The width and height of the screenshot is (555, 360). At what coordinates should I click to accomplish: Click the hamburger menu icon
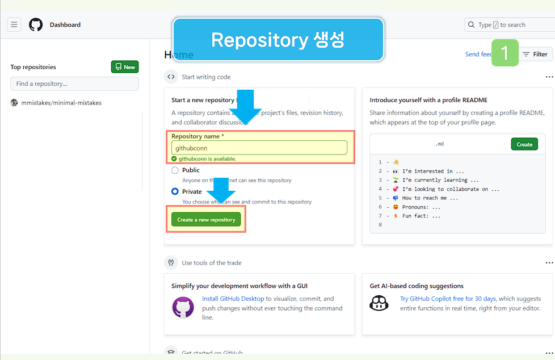[14, 24]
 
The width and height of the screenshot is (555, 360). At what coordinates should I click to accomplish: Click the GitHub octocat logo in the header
[36, 24]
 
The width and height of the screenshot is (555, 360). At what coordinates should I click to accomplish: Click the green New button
[125, 67]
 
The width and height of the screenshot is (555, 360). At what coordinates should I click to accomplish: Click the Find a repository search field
[74, 83]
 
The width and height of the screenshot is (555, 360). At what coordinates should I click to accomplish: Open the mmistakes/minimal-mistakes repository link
[61, 103]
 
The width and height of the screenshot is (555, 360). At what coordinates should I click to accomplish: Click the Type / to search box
[508, 25]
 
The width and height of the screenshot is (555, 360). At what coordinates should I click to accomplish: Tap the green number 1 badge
[504, 53]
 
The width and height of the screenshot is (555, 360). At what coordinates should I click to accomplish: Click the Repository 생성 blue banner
[278, 40]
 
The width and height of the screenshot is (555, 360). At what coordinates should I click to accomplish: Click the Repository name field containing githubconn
[259, 148]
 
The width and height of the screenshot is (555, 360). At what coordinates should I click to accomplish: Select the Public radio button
[175, 170]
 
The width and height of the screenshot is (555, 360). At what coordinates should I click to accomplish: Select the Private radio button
[175, 191]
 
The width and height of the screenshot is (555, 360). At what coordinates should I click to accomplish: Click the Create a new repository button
[206, 220]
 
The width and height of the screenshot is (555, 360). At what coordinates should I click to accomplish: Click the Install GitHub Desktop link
[233, 299]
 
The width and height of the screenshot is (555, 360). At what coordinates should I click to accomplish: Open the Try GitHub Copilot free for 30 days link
[448, 299]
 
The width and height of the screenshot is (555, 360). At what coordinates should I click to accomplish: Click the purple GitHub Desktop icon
[183, 307]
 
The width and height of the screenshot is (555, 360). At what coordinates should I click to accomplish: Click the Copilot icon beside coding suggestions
[379, 303]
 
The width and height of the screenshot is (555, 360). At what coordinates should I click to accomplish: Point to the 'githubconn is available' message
[207, 159]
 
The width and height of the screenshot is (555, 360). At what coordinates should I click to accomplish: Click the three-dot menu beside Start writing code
[549, 77]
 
